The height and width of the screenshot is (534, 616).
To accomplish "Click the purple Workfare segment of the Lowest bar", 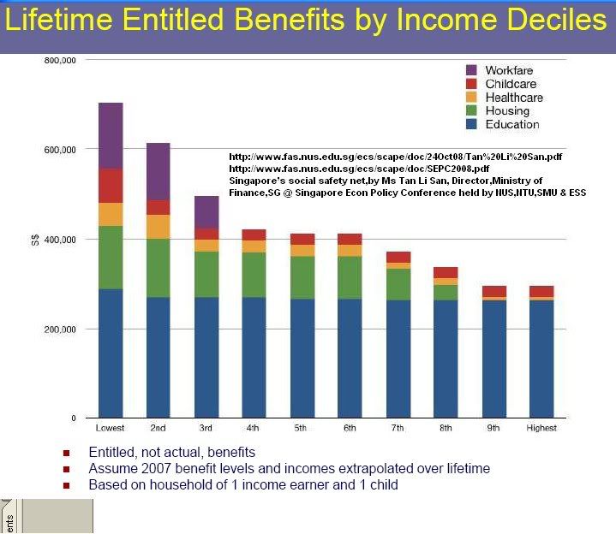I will [x=111, y=135].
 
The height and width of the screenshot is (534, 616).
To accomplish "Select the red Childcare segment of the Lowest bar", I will [x=111, y=185].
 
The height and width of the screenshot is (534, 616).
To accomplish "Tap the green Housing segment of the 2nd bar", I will [x=158, y=268].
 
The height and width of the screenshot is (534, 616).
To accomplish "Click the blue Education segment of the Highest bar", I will [x=541, y=359].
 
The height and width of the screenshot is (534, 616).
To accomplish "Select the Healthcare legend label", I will [x=513, y=97].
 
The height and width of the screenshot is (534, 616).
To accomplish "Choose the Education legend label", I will [x=511, y=124].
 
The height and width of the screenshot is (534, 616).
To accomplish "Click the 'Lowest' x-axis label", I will [x=111, y=428].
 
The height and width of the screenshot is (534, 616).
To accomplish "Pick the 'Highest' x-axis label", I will [x=541, y=428].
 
